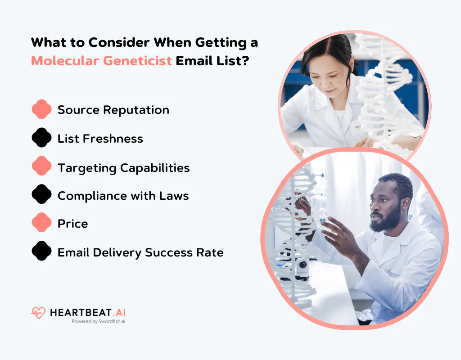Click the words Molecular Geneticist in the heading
pos(101,61)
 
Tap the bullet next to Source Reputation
pos(41,109)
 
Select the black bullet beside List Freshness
pos(41,138)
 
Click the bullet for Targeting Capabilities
pos(41,166)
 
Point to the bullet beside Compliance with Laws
pos(41,195)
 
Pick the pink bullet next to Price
pos(41,223)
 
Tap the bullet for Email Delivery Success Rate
pos(41,252)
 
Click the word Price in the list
pos(72,224)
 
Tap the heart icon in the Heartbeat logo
pos(38,312)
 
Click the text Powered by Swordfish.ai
pos(98,321)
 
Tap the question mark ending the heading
pos(245,61)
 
